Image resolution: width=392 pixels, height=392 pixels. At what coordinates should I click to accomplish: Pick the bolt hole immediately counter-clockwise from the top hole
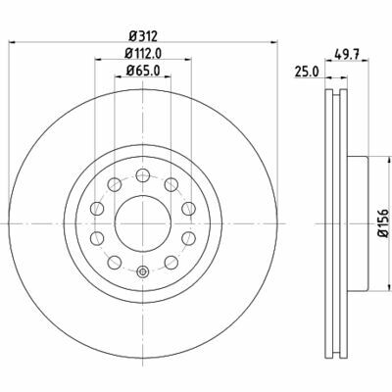tap(115, 183)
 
